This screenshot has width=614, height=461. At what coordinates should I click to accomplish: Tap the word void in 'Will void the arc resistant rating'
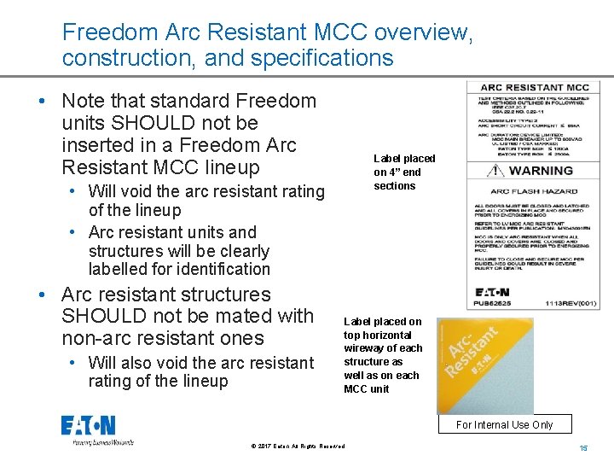[x=139, y=191]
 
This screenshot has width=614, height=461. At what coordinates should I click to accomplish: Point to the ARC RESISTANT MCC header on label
[x=535, y=87]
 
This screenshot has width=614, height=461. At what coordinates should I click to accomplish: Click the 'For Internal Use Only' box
[x=504, y=424]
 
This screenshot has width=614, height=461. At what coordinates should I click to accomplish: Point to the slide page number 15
[x=584, y=448]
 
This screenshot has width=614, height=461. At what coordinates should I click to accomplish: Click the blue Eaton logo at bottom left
[x=88, y=426]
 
